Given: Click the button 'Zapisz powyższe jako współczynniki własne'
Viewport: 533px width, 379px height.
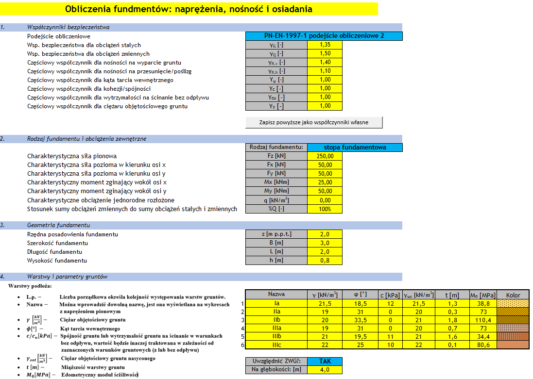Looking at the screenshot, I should coord(314,122).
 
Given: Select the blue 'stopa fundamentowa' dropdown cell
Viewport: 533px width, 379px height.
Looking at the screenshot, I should coord(355,147).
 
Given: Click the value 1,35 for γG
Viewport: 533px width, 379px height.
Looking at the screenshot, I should coord(325,45).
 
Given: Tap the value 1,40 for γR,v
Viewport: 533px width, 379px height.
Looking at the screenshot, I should coord(325,62).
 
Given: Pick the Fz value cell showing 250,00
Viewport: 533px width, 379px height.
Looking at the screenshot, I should coord(325,156).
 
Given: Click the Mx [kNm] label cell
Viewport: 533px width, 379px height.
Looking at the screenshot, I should coord(276,182).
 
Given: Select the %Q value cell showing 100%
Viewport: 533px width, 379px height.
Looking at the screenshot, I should coord(325,209).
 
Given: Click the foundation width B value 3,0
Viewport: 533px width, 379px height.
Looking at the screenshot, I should coord(325,243).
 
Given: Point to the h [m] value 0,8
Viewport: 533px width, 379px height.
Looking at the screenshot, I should coord(325,261).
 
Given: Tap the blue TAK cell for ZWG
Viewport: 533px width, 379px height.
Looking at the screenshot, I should coord(325,361).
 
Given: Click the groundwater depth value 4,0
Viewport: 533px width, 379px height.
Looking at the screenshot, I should coord(325,370).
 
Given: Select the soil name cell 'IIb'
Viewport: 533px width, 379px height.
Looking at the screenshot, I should coord(276,320).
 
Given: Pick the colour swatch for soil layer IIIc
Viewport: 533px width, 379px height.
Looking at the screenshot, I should coord(513,345).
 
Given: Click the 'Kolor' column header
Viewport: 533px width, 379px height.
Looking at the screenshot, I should coord(513,294).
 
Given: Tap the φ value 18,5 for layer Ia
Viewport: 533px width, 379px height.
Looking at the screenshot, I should coord(360,303).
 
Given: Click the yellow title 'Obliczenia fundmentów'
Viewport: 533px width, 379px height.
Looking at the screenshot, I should coord(189,9).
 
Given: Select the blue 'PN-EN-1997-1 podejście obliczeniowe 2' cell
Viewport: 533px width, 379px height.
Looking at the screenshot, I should coord(324,36).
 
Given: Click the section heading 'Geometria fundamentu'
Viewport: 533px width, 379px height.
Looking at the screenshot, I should coord(59,225).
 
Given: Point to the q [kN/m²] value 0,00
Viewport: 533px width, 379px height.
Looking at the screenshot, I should coord(325,200).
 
